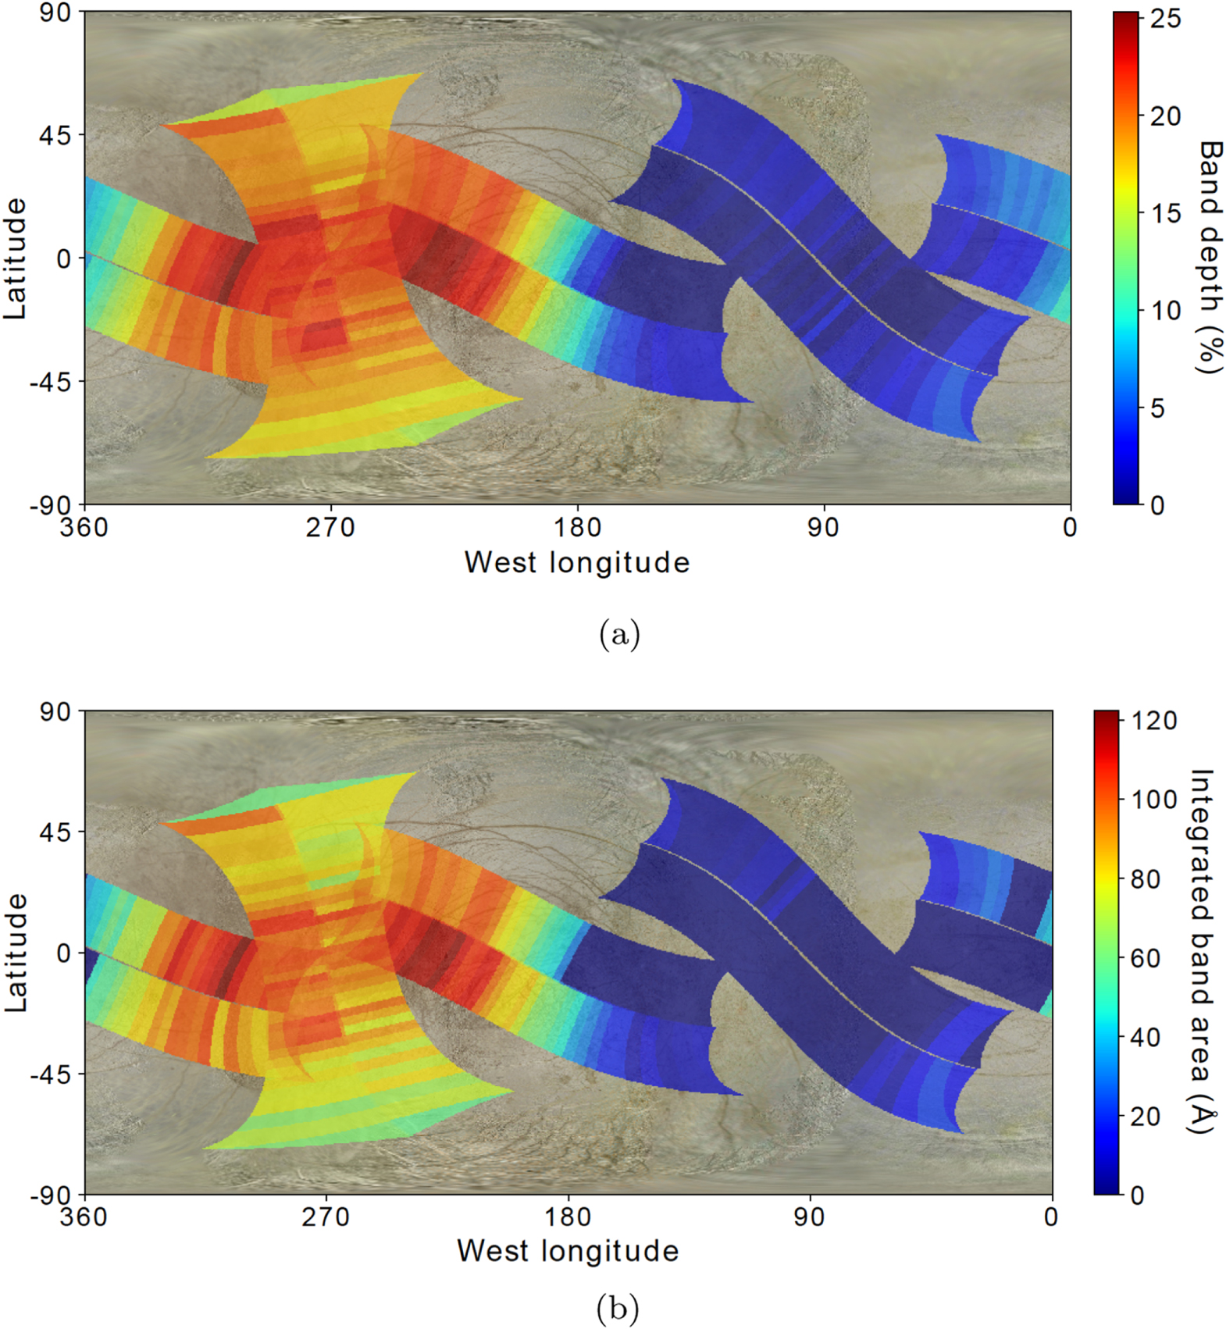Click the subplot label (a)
[619, 633]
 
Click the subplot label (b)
[617, 1306]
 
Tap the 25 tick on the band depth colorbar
[1165, 19]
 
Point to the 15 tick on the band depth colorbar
[1165, 213]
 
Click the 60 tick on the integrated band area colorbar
[1145, 958]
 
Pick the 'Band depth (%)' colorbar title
[1209, 258]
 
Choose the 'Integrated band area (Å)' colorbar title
[1201, 952]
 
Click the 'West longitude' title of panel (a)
[577, 562]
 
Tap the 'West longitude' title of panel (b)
[568, 1250]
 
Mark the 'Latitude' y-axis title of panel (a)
[16, 258]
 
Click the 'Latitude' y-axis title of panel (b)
[16, 953]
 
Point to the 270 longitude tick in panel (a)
[330, 528]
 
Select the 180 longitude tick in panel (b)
[568, 1217]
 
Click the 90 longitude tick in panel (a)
[823, 528]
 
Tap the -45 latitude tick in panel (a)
[50, 382]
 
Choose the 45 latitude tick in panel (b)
[55, 832]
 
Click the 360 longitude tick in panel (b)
[84, 1217]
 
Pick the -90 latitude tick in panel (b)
[50, 1195]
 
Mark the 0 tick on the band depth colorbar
[1157, 505]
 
